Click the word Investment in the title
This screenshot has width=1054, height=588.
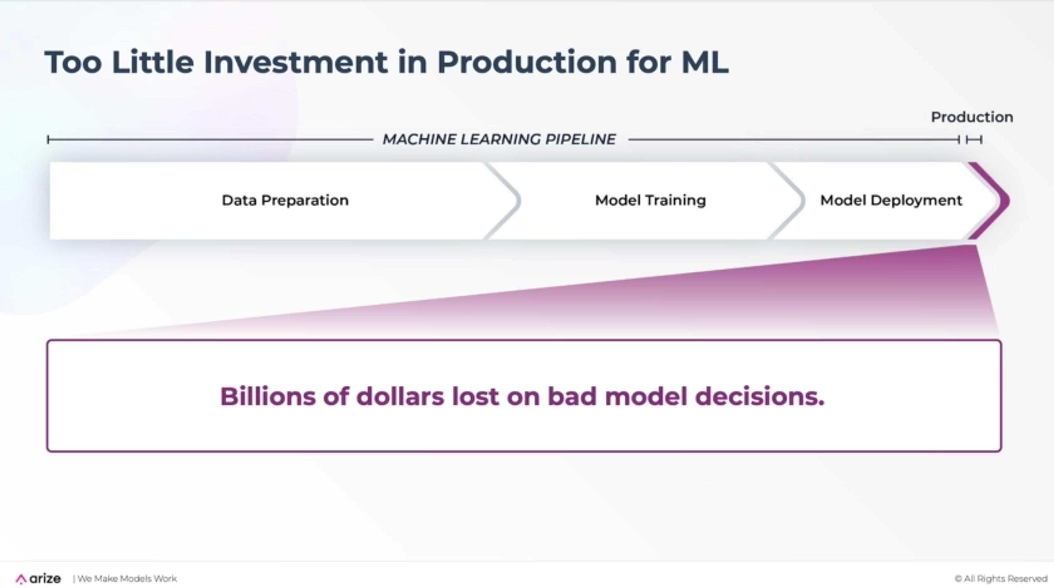(x=295, y=62)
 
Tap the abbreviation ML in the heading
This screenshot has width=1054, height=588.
(x=705, y=62)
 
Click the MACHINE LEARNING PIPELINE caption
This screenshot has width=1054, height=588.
(x=499, y=139)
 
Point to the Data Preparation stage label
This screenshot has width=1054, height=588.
(x=285, y=200)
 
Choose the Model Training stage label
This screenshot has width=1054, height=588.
(x=651, y=200)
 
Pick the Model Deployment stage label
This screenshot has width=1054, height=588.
(x=891, y=200)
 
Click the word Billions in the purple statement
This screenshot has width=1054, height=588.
(x=268, y=396)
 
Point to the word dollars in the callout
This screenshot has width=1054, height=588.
(x=400, y=396)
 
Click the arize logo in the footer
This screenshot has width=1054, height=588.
(x=38, y=579)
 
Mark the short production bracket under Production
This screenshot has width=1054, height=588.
(x=974, y=140)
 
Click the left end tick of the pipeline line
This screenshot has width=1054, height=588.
(x=48, y=140)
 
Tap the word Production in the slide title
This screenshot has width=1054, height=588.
(x=527, y=62)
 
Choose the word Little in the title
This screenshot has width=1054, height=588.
(x=153, y=62)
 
